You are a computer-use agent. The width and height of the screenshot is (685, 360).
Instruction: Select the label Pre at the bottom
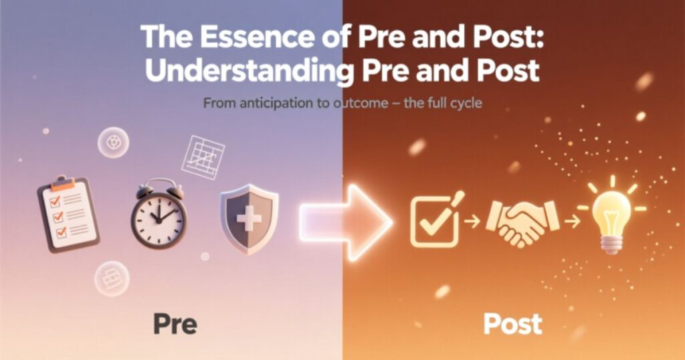coord(175,325)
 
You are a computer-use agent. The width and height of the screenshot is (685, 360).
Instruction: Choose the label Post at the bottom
coord(512,325)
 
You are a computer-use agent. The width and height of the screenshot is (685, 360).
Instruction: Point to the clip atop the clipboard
coord(63,181)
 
